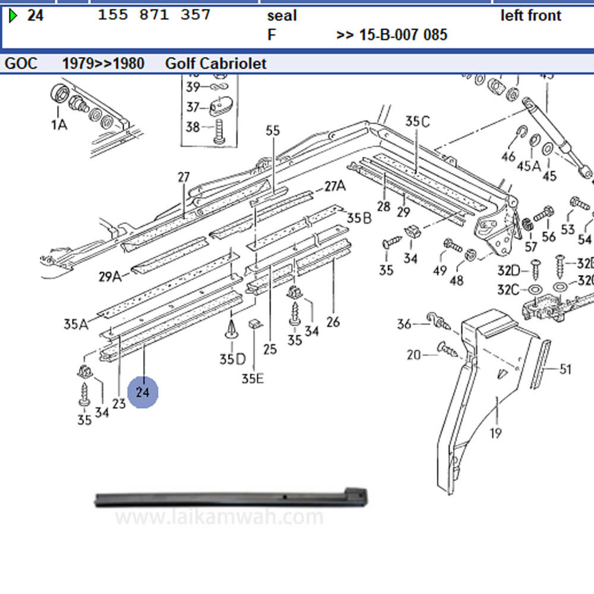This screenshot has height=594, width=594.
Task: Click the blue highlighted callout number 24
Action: [143, 393]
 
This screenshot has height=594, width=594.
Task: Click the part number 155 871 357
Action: [154, 15]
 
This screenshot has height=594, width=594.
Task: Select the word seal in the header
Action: [282, 15]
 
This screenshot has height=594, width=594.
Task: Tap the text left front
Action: [530, 15]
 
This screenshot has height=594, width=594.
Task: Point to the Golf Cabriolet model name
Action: [216, 63]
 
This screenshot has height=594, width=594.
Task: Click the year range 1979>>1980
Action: [103, 63]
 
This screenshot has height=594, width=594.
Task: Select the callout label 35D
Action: [232, 359]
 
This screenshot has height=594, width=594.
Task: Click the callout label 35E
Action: [252, 378]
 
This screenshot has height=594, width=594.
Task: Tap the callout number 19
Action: [495, 432]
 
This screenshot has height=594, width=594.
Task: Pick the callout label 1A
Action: [59, 124]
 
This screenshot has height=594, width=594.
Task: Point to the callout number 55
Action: [272, 131]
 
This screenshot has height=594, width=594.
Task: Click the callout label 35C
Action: [417, 121]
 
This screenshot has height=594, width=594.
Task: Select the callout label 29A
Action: [109, 276]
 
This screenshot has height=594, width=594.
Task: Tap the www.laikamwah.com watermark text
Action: [219, 517]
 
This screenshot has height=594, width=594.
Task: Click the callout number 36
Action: [404, 324]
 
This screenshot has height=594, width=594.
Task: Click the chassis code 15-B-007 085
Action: [392, 34]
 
